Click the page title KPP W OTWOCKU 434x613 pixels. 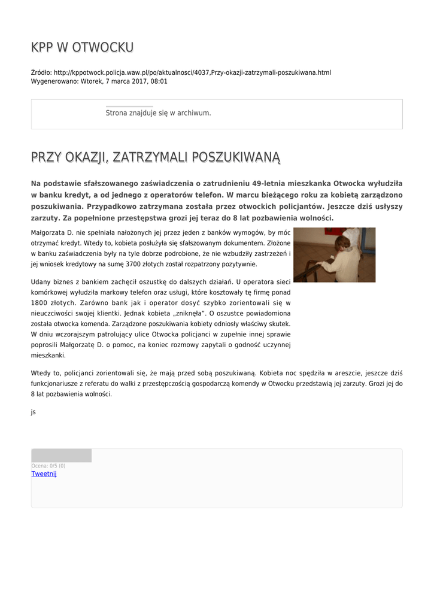point(82,47)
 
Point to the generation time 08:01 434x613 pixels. point(159,81)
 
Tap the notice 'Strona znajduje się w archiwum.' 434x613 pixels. point(158,113)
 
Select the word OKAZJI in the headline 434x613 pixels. point(84,157)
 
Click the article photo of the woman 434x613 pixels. point(334,254)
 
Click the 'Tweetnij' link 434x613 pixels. point(44,474)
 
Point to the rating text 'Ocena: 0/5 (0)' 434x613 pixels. point(48,466)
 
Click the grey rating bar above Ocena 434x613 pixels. point(61,456)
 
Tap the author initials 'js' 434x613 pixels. point(33,412)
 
